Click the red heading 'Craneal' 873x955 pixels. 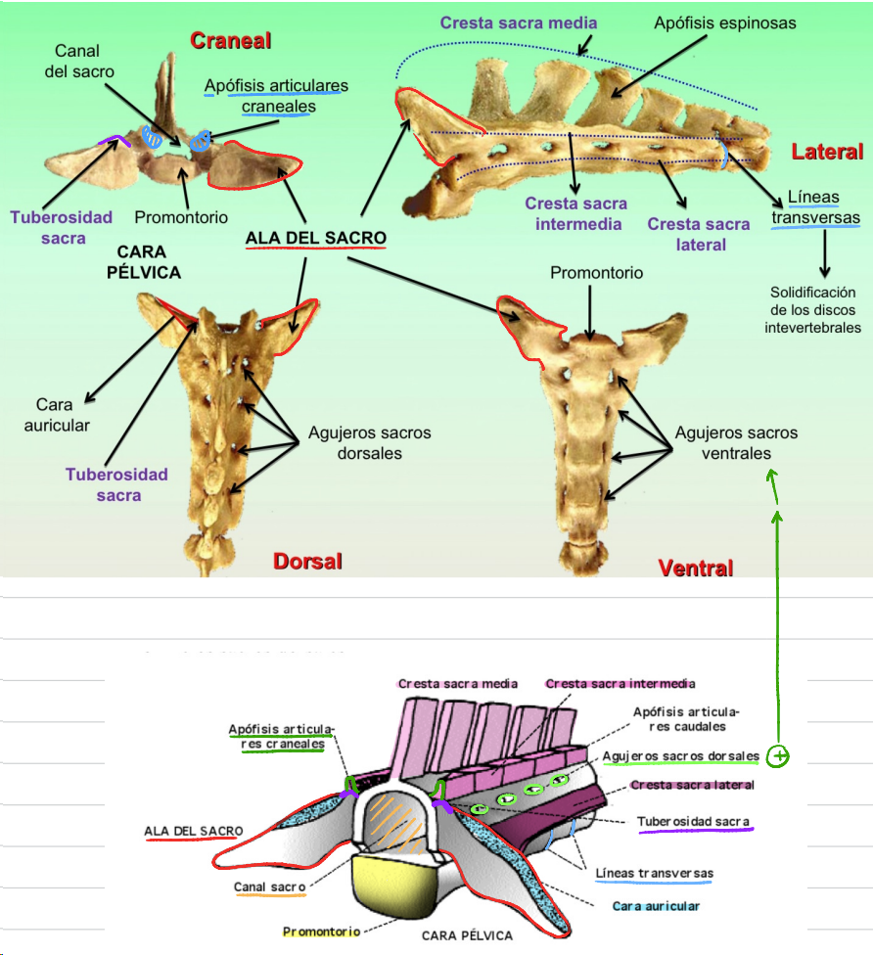(x=230, y=40)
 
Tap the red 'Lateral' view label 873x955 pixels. (x=827, y=152)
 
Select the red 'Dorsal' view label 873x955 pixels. (x=307, y=562)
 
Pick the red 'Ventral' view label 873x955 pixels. (x=696, y=568)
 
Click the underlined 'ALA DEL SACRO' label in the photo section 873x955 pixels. (x=315, y=238)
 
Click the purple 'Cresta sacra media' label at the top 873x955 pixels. (x=518, y=23)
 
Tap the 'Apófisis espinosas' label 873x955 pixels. (x=725, y=22)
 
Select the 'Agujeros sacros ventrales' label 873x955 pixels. (x=736, y=443)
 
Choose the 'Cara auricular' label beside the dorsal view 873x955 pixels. (x=63, y=414)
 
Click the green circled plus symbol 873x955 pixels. (x=778, y=756)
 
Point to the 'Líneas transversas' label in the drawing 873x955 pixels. (x=654, y=873)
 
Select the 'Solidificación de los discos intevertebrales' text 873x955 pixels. (x=812, y=310)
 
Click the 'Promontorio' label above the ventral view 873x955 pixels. (x=596, y=273)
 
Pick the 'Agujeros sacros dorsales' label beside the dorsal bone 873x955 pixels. (x=369, y=442)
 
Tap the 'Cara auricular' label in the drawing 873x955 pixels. (x=656, y=906)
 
